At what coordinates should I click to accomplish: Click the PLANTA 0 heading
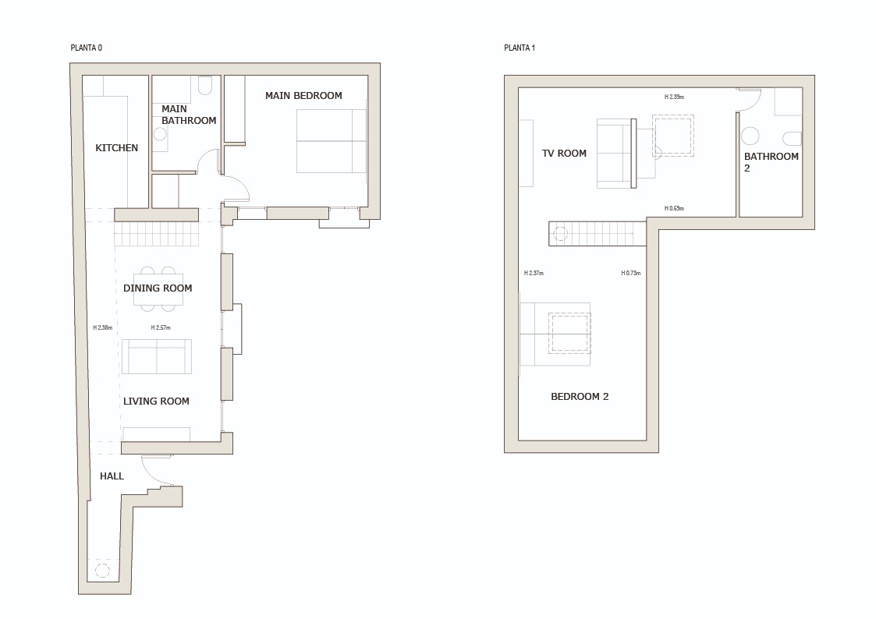pyautogui.click(x=86, y=48)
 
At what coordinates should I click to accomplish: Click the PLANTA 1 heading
pyautogui.click(x=520, y=48)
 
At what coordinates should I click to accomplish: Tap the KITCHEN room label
pyautogui.click(x=116, y=148)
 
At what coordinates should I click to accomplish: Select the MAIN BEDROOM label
pyautogui.click(x=303, y=96)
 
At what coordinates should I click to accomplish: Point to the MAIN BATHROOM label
pyautogui.click(x=188, y=115)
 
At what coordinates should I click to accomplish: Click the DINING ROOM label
pyautogui.click(x=158, y=288)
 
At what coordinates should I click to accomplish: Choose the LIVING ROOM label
pyautogui.click(x=156, y=401)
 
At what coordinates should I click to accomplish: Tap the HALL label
pyautogui.click(x=112, y=476)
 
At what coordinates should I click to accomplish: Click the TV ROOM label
pyautogui.click(x=564, y=154)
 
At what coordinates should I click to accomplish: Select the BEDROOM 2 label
pyautogui.click(x=580, y=397)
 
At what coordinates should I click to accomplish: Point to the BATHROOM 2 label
pyautogui.click(x=771, y=161)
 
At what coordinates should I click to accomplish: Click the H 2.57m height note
pyautogui.click(x=161, y=328)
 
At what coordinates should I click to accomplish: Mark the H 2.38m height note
pyautogui.click(x=102, y=328)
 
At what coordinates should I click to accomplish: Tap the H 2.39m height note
pyautogui.click(x=674, y=97)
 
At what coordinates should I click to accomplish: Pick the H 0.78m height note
pyautogui.click(x=630, y=274)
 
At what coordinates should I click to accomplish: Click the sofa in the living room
pyautogui.click(x=157, y=356)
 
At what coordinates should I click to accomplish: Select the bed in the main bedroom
pyautogui.click(x=331, y=141)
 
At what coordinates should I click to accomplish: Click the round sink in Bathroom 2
pyautogui.click(x=750, y=136)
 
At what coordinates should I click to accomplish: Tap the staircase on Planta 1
pyautogui.click(x=598, y=233)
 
